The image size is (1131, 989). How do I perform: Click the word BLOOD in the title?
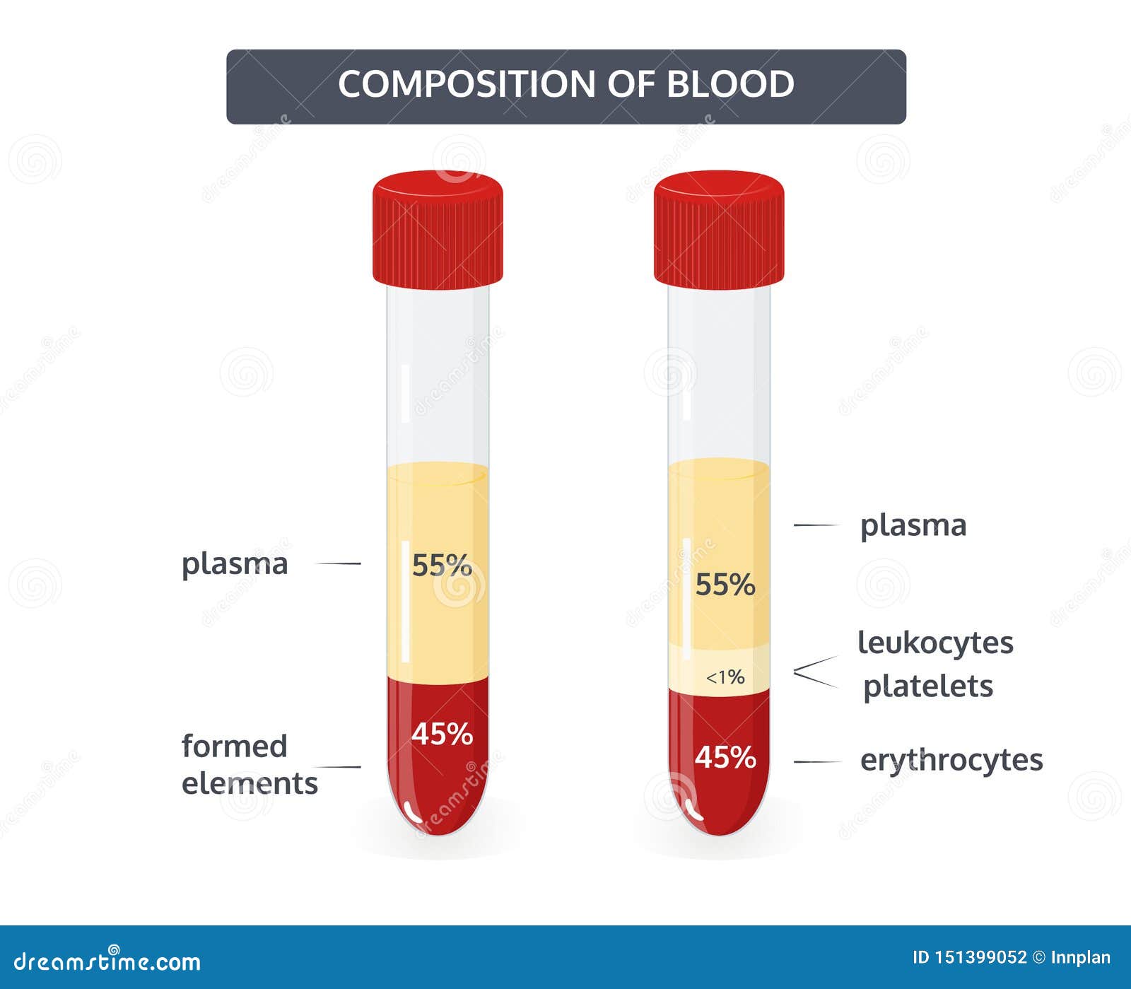pos(731,84)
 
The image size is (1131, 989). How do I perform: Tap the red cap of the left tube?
pos(438,229)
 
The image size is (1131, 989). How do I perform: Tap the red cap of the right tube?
pos(718,229)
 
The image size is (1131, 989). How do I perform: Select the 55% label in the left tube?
pos(442,565)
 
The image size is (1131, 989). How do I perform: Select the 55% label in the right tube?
pos(725,585)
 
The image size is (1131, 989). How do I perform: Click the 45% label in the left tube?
pos(442,734)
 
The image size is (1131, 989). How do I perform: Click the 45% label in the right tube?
pos(725,757)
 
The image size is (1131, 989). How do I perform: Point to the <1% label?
pos(725,677)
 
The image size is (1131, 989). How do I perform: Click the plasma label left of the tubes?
pos(235,565)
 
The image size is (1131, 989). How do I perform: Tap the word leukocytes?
pos(936,643)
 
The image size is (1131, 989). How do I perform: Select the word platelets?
pos(928,686)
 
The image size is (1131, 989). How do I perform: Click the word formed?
pos(235,746)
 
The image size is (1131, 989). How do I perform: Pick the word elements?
pos(250,783)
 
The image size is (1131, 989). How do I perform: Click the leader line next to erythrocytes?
pos(817,762)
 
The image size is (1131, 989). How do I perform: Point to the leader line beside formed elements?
pos(337,766)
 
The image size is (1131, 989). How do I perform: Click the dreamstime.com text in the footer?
pos(107,961)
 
